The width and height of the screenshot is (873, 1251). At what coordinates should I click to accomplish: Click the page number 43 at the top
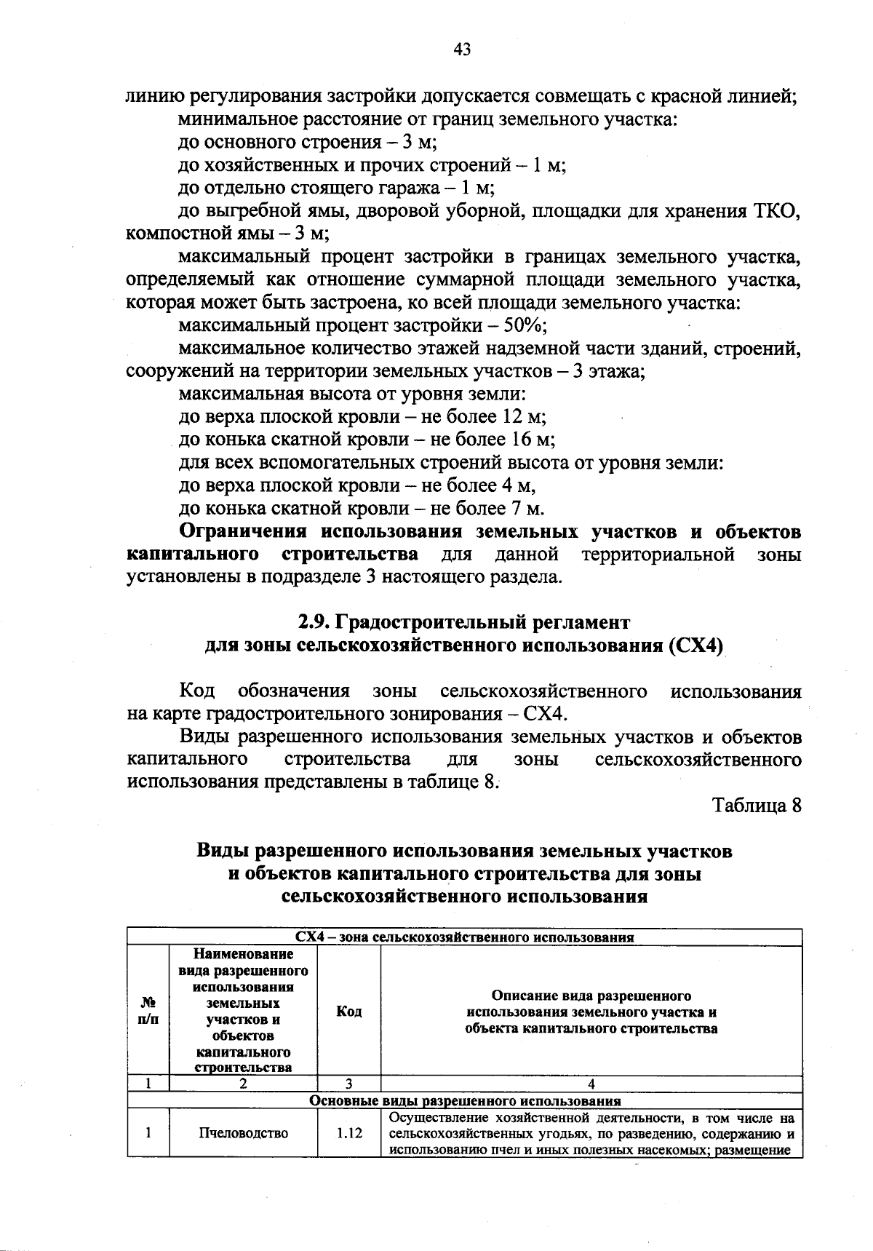click(462, 49)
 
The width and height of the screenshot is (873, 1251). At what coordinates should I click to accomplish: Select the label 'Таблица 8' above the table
click(757, 806)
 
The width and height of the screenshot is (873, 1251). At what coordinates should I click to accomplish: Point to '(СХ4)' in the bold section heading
click(694, 646)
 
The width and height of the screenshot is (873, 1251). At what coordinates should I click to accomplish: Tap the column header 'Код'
click(348, 1012)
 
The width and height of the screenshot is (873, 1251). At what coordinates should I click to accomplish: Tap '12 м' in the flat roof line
click(522, 417)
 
